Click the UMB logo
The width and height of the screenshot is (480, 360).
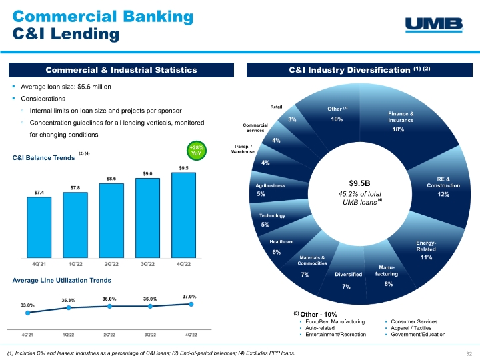tap(434, 24)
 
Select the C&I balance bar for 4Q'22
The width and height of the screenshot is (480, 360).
tap(185, 215)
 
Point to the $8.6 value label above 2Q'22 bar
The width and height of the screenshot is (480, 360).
tap(112, 179)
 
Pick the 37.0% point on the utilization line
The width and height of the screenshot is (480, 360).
tap(191, 304)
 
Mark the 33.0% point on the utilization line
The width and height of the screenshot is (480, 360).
tap(28, 312)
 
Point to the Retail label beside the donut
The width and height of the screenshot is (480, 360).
tap(277, 106)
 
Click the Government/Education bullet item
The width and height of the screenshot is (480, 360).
tap(421, 334)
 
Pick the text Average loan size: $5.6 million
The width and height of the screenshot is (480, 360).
tap(66, 87)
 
